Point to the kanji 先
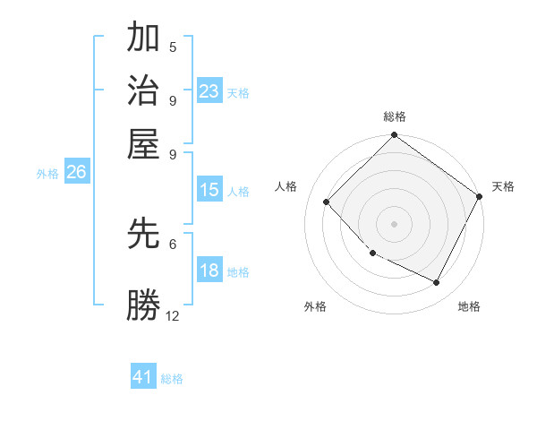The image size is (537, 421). pos(144,234)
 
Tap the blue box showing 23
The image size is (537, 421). pos(209,91)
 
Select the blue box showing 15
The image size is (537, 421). pos(209,190)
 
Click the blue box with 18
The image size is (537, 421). pos(209,271)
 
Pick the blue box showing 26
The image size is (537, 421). pos(76,173)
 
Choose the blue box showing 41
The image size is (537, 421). pos(143,377)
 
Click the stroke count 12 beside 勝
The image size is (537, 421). pos(173,315)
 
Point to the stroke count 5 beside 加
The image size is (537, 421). pos(173,47)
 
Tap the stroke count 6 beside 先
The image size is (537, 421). pos(173,243)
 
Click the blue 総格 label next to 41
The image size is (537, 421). pos(172,379)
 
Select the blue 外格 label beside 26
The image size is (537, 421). pos(47,175)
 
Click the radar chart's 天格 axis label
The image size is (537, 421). pos(503,186)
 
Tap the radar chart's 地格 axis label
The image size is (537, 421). pos(469,306)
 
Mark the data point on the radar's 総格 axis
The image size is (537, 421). pos(394,136)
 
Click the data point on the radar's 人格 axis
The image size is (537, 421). pos(327,202)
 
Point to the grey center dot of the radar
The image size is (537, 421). pos(394,223)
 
